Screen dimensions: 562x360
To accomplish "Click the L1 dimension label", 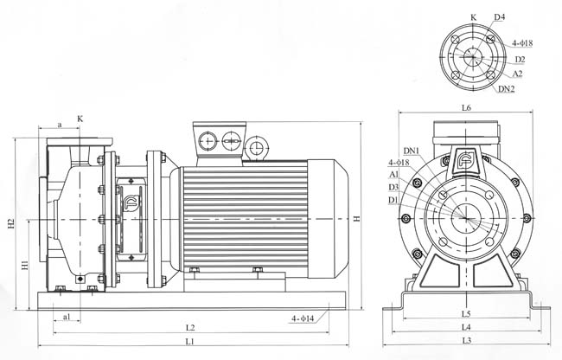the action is tap(189, 341).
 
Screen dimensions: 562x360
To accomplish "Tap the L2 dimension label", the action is tap(190, 328).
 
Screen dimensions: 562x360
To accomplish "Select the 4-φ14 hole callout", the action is tap(303, 318).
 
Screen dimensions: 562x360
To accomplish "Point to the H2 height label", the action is tap(11, 223).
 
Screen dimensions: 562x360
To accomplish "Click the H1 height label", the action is tap(24, 266).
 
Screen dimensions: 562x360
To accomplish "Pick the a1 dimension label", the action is tap(67, 317).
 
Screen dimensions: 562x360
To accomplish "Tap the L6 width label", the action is tap(466, 107).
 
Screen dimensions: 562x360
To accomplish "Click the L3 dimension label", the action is tap(466, 341).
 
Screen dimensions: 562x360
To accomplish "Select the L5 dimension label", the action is tap(466, 314).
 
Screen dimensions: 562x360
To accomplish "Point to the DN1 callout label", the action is tap(412, 151).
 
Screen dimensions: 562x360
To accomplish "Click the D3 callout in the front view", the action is tap(393, 187).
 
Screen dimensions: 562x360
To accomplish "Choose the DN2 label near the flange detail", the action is tap(507, 89).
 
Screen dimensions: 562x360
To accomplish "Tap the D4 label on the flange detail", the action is tap(499, 17).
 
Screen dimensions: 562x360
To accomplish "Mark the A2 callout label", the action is tap(517, 74).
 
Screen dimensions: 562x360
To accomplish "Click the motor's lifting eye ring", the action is tap(256, 146).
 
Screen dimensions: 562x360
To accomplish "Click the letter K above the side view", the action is tap(80, 119).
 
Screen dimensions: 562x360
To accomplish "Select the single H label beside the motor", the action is tap(356, 219).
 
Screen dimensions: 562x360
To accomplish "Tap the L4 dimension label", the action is tap(466, 327).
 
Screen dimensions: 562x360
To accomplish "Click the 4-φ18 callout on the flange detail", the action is tap(522, 43).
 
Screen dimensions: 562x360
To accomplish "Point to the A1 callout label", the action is tap(394, 175).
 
